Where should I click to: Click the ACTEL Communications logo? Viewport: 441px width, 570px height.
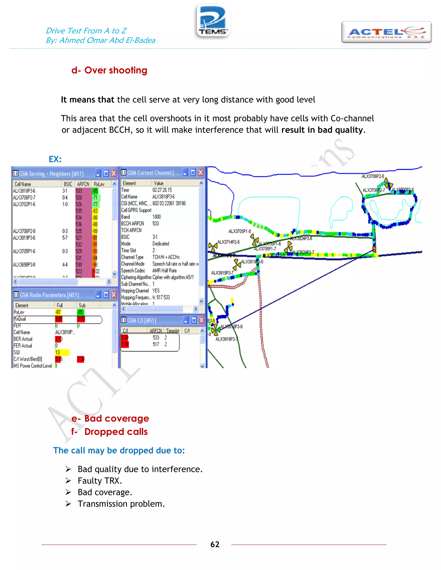click(x=386, y=32)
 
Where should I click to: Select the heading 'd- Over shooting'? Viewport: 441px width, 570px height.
click(x=109, y=70)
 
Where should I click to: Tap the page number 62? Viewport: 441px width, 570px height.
click(x=215, y=544)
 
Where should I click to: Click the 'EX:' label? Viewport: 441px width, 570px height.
click(x=55, y=159)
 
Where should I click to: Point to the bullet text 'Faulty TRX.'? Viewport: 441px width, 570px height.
click(x=100, y=481)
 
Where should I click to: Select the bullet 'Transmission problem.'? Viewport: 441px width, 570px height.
click(x=121, y=504)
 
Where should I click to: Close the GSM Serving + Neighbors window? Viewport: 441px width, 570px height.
click(x=114, y=173)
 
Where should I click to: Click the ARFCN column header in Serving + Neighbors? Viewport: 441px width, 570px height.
click(x=83, y=184)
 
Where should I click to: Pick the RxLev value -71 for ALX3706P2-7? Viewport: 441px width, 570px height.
click(x=95, y=198)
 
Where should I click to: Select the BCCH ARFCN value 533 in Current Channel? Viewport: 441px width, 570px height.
click(x=156, y=223)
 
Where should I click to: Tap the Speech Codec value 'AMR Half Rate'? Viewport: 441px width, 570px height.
click(x=164, y=270)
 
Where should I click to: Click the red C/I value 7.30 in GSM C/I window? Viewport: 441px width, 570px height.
click(x=125, y=344)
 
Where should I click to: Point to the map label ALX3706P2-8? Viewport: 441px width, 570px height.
click(x=373, y=176)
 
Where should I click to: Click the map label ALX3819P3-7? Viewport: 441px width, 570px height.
click(x=222, y=273)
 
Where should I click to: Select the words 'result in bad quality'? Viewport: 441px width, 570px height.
click(x=322, y=130)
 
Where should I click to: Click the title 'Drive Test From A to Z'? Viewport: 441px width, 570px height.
click(x=86, y=31)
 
